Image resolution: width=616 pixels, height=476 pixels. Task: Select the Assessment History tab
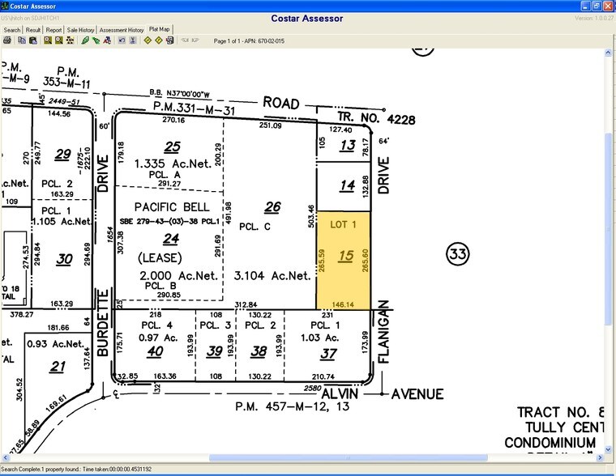point(122,30)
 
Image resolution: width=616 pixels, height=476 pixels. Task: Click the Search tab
point(12,30)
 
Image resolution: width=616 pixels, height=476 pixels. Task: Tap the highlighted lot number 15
point(346,257)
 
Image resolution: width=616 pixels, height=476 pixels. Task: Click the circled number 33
point(458,255)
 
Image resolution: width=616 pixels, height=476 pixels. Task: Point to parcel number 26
point(272,208)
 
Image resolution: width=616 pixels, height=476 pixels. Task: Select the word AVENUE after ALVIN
point(420,394)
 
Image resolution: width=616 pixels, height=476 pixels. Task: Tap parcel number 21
point(57,368)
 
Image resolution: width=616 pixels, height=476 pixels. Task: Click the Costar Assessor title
point(307,18)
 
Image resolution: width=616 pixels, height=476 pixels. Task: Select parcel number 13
point(348,145)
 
